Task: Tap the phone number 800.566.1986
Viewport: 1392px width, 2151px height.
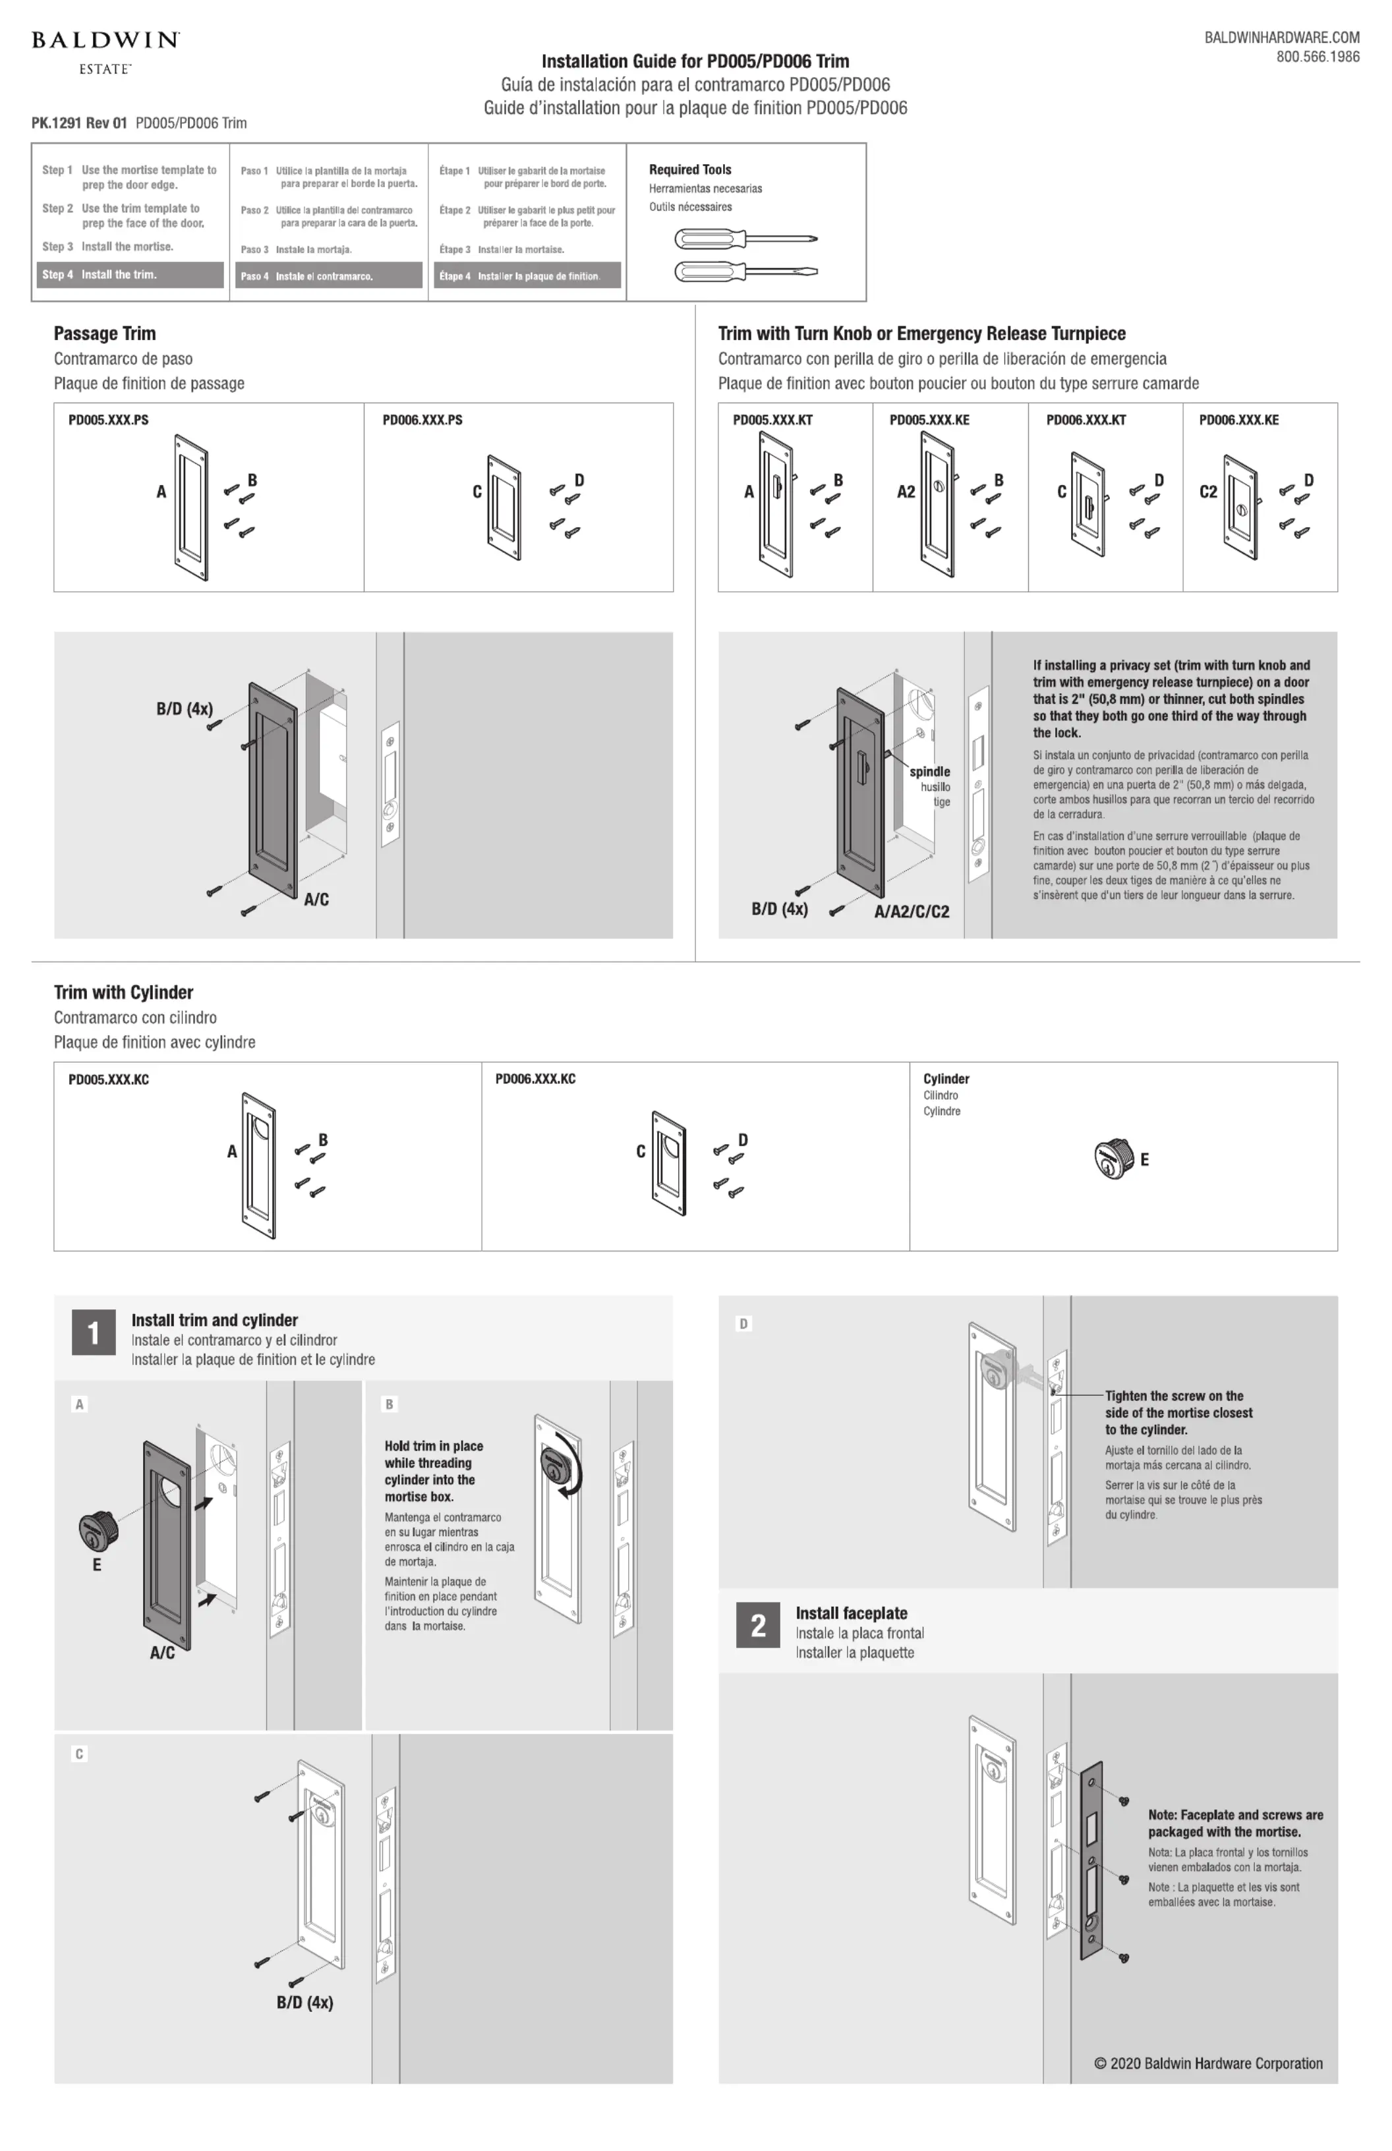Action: [1317, 57]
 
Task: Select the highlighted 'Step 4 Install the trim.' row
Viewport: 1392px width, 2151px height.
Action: [130, 275]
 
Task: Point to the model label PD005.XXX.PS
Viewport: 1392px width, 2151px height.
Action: [109, 420]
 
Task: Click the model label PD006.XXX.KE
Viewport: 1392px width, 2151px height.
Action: [1238, 420]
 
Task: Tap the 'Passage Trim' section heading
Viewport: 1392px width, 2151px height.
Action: [105, 333]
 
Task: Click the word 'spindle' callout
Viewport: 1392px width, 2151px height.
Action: [929, 772]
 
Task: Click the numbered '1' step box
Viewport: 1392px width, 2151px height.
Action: [93, 1333]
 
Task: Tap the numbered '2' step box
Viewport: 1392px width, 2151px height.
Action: [757, 1626]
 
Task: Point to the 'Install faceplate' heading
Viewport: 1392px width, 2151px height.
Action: [851, 1613]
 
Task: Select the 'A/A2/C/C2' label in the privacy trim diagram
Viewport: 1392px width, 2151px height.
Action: [911, 912]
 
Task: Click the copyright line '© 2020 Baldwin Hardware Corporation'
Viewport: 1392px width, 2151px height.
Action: [1207, 2063]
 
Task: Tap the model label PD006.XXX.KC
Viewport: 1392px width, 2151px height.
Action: [535, 1079]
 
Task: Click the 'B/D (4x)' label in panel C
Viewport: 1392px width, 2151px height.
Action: [304, 2003]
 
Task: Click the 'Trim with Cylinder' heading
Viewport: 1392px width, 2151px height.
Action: [123, 992]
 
